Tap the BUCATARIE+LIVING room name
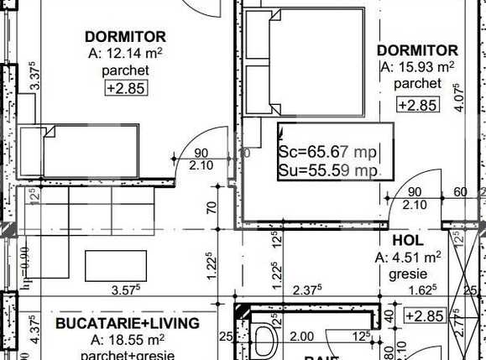pos(127,323)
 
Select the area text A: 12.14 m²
pos(126,54)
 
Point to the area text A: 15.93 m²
pos(417,67)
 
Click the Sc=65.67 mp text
pos(327,153)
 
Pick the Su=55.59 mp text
pos(327,171)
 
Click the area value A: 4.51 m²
pos(409,257)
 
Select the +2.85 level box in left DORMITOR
pos(123,87)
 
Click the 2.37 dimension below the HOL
pos(308,291)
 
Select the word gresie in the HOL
pos(409,274)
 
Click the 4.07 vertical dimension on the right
pos(457,97)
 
